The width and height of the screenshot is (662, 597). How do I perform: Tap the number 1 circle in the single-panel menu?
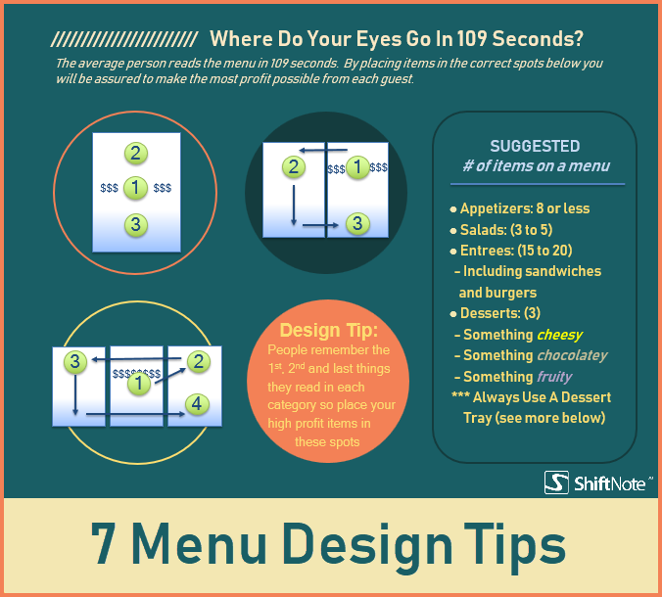[x=136, y=188]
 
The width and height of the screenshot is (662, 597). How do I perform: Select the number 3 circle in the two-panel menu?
[x=357, y=224]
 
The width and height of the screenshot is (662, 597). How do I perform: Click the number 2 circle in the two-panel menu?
[x=292, y=166]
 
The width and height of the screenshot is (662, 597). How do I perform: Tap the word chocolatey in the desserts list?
[x=572, y=355]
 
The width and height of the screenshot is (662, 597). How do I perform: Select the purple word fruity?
[x=554, y=376]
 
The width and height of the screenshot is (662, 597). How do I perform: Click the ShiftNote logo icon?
[x=556, y=482]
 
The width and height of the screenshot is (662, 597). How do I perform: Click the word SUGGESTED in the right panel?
[x=535, y=146]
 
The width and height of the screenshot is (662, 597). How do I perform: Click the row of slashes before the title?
[x=124, y=40]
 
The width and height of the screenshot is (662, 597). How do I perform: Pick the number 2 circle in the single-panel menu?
[x=136, y=153]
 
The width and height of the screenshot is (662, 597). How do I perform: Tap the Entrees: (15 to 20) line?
[x=517, y=251]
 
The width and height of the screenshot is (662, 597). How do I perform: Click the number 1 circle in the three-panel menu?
[x=140, y=385]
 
